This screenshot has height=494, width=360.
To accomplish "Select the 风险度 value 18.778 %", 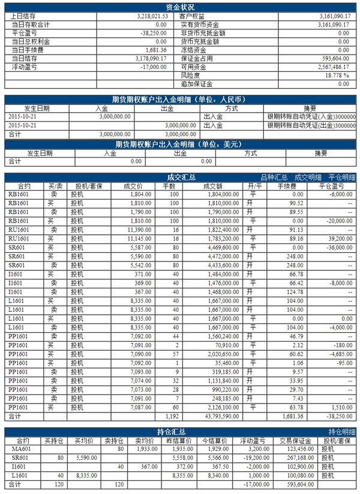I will tap(337, 76).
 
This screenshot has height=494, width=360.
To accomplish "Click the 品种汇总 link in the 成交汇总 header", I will tap(274, 177).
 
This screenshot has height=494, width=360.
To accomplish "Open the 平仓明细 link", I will tap(341, 177).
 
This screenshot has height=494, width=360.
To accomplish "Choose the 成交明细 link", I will tap(308, 177).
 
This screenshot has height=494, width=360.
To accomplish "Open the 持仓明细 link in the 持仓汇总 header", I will tap(342, 431).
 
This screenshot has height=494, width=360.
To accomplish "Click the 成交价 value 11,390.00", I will tap(130, 230).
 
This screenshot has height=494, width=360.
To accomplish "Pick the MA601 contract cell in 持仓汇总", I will tap(25, 448).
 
